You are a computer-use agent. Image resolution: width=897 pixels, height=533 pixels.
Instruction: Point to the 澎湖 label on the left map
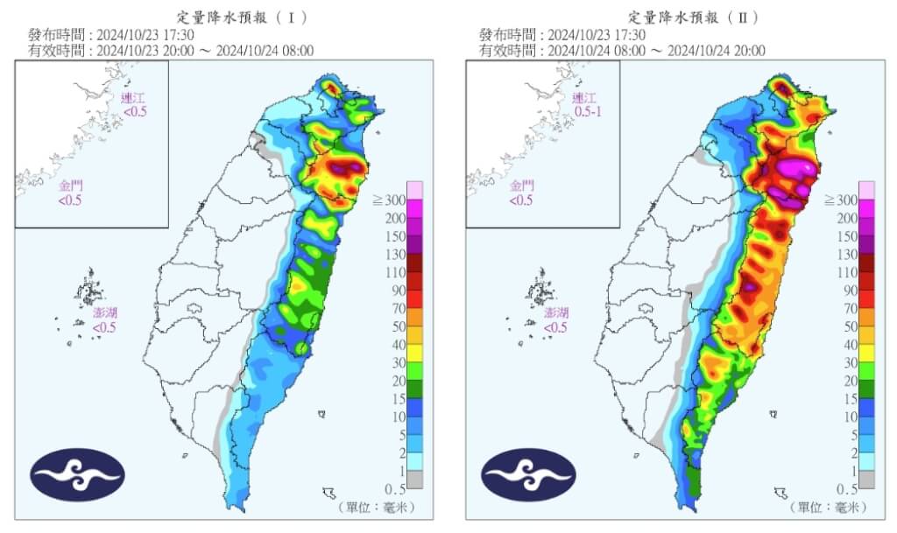pyautogui.click(x=105, y=312)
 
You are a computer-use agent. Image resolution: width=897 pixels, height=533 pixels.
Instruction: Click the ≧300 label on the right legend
pyautogui.click(x=842, y=200)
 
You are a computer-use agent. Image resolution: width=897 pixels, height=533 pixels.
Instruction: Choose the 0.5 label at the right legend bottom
pyautogui.click(x=846, y=488)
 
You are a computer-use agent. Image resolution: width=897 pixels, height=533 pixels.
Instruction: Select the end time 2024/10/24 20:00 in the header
pyautogui.click(x=716, y=51)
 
